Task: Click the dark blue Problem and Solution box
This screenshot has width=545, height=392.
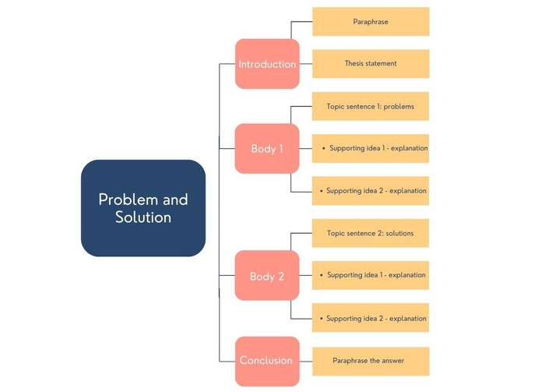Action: click(143, 208)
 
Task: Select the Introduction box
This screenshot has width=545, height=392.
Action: click(267, 64)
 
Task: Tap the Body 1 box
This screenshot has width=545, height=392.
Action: click(267, 148)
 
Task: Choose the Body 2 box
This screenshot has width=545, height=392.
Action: click(267, 276)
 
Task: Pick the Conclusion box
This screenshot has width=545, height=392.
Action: click(267, 361)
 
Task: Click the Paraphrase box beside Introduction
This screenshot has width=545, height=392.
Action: click(371, 22)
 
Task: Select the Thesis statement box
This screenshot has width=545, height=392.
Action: click(371, 64)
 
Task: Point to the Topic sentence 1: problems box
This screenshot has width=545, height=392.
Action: click(371, 106)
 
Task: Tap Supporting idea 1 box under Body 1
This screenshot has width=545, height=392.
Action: click(371, 148)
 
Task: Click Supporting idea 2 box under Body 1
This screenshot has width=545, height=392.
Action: click(371, 191)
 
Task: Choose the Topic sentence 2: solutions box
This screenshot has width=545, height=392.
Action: click(371, 233)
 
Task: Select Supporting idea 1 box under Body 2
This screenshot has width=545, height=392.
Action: click(371, 275)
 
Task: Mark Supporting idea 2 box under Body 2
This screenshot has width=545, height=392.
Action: click(371, 318)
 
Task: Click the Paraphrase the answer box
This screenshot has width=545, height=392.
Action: click(371, 361)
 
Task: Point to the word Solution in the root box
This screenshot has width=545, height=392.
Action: click(143, 217)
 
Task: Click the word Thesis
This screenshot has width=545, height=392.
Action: click(355, 64)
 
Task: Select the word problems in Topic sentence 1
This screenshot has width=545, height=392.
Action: click(399, 106)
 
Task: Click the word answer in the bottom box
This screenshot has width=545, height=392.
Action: click(392, 361)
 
